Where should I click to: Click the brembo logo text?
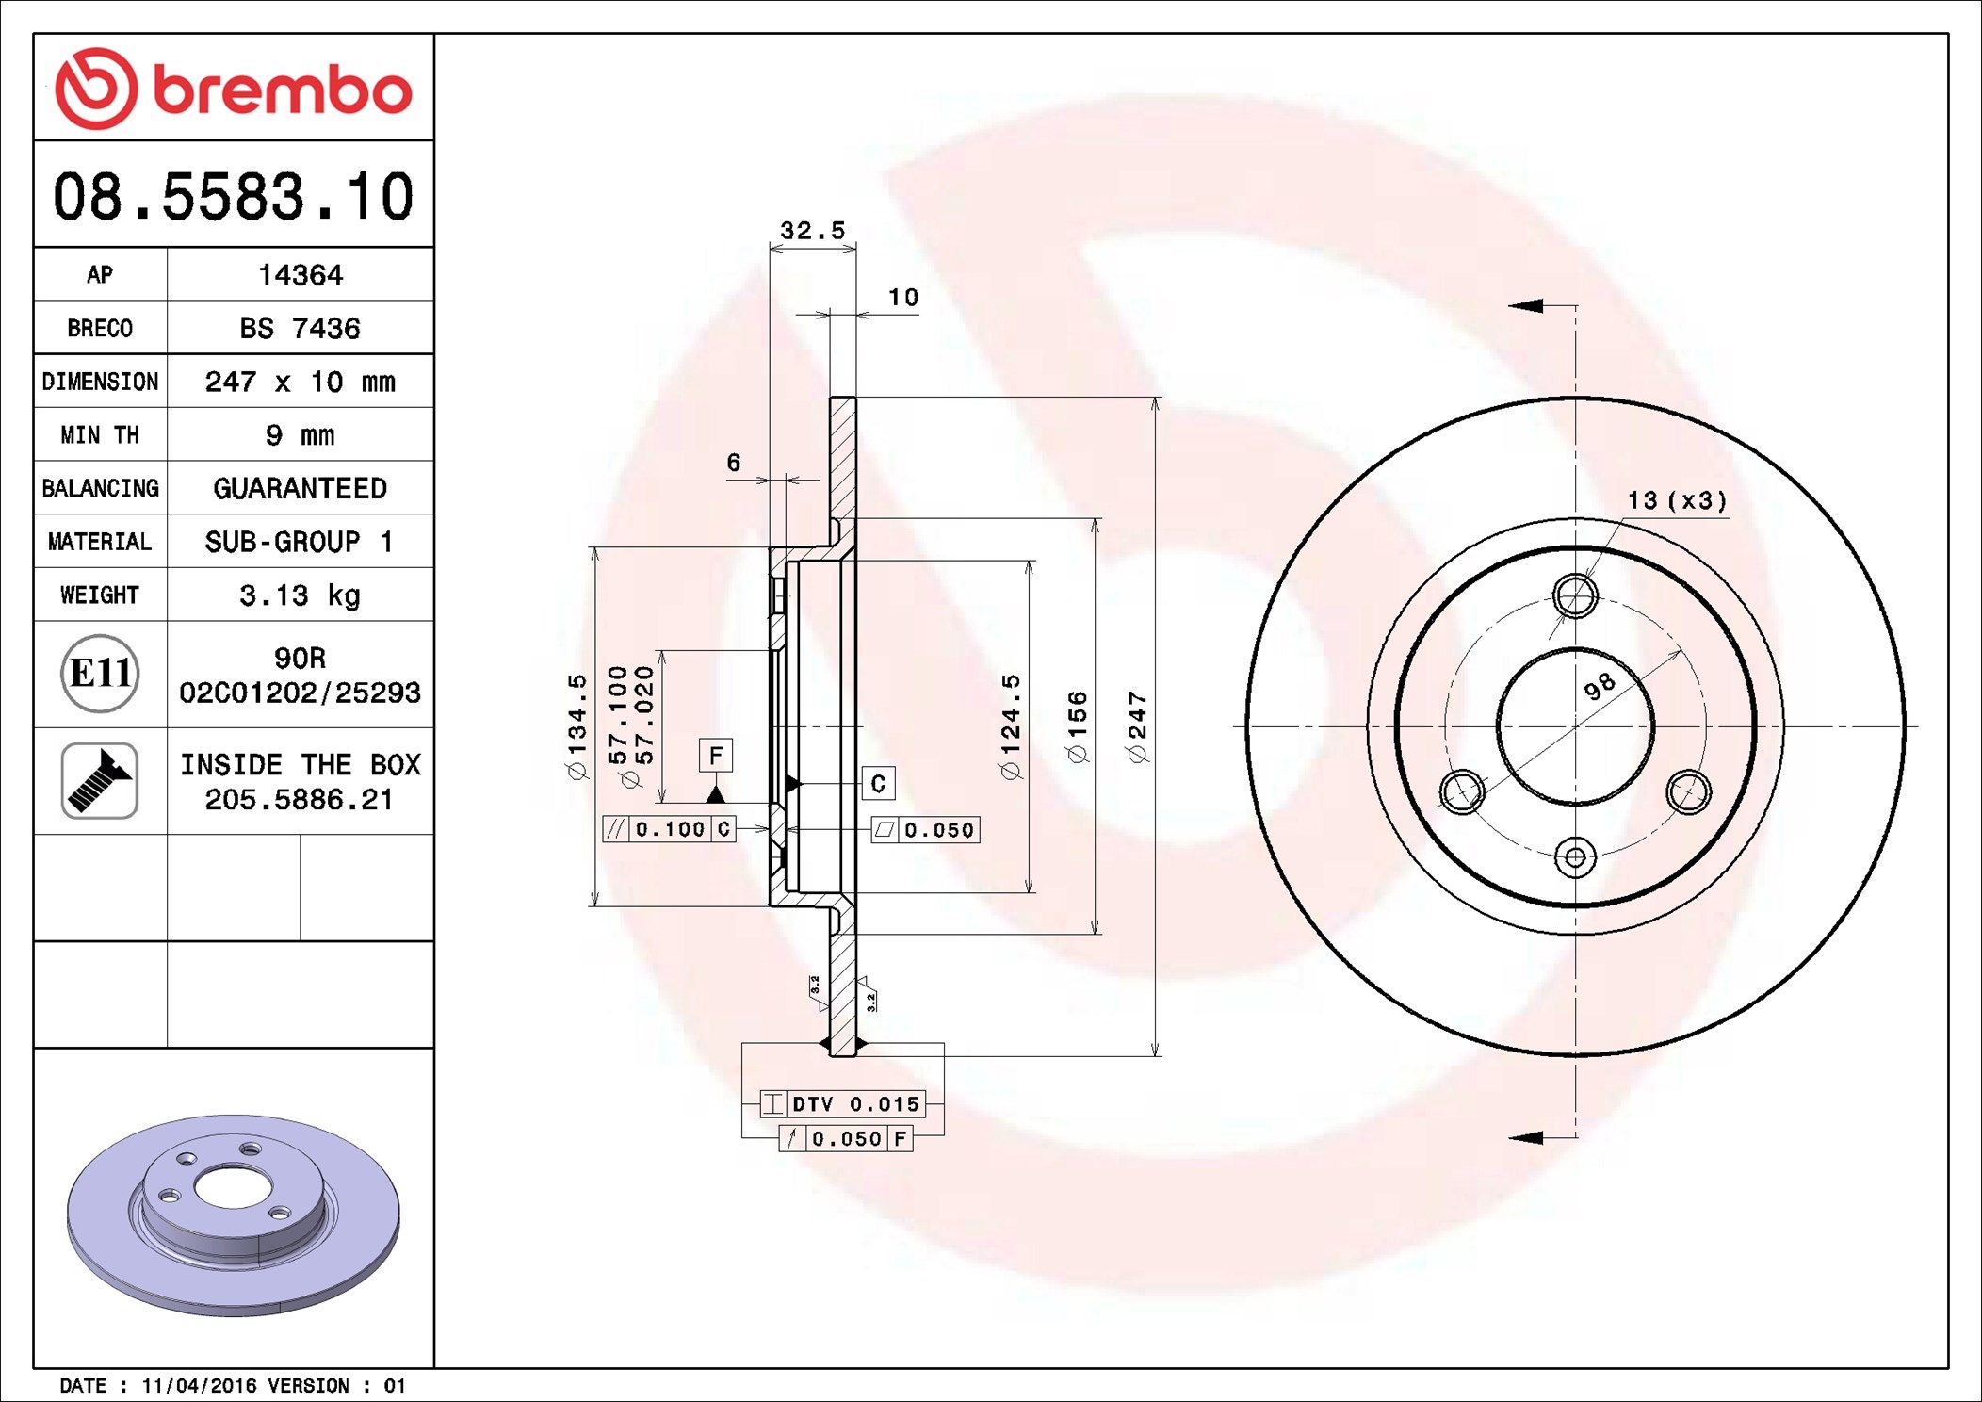pyautogui.click(x=283, y=90)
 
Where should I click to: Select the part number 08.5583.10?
pyautogui.click(x=234, y=197)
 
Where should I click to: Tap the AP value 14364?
pyautogui.click(x=301, y=275)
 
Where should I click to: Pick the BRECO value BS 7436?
pyautogui.click(x=300, y=328)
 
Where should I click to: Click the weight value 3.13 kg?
pyautogui.click(x=300, y=595)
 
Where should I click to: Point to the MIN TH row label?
pyautogui.click(x=100, y=434)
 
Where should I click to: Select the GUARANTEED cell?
pyautogui.click(x=300, y=488)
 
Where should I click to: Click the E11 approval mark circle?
pyautogui.click(x=100, y=673)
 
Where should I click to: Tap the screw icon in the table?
pyautogui.click(x=100, y=780)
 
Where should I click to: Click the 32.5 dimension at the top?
pyautogui.click(x=812, y=231)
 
